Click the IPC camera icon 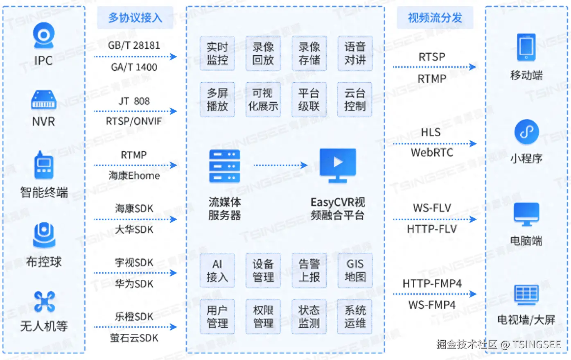point(43,35)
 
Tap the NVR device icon point(43,100)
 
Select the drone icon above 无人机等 point(44,302)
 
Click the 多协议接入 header point(135,18)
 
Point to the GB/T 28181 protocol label point(134,45)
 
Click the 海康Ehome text point(134,176)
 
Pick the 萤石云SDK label point(134,338)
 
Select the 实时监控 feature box point(217,53)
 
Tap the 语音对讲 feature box point(355,53)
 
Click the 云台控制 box point(355,100)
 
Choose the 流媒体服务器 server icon point(225,166)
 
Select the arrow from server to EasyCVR point(281,165)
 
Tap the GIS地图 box point(355,270)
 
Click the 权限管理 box point(263,317)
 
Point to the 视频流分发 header point(435,18)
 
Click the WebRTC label point(432,153)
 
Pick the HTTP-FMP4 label point(432,283)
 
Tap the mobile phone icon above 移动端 point(526,48)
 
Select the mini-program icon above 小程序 point(527,131)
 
